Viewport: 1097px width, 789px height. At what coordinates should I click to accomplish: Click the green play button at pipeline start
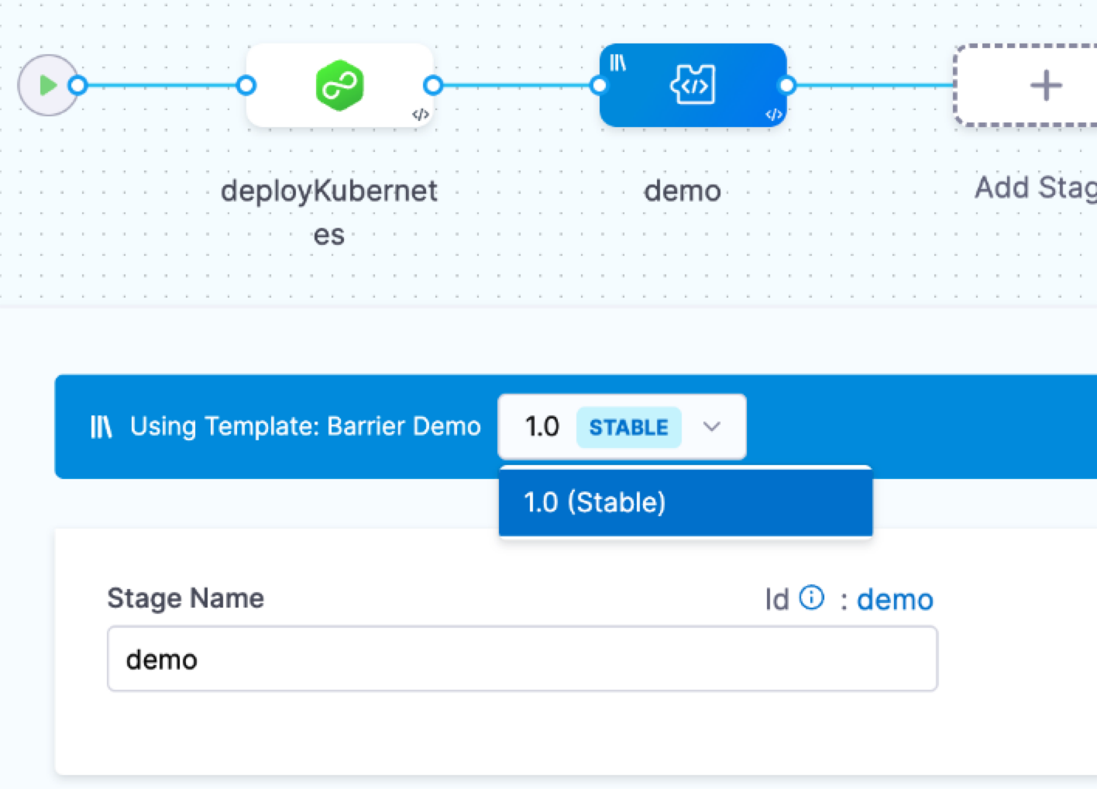pos(48,85)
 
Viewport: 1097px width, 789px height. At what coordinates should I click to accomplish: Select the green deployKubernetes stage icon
pos(339,85)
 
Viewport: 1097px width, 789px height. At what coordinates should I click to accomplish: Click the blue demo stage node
pos(693,85)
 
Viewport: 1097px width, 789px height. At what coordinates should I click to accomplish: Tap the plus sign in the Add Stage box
pos(1045,85)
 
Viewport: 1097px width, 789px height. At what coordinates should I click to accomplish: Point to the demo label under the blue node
pos(683,191)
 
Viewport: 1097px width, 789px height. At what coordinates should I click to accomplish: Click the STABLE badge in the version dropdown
pos(628,427)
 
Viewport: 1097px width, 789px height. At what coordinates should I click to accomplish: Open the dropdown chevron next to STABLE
pos(711,426)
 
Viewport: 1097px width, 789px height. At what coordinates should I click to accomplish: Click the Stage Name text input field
pos(522,660)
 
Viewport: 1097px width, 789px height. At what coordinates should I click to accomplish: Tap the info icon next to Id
pos(811,598)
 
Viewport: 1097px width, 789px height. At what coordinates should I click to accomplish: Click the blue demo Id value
pos(895,600)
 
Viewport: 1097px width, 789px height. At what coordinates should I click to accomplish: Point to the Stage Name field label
pos(186,598)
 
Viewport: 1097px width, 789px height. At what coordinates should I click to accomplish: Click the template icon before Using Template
pos(101,426)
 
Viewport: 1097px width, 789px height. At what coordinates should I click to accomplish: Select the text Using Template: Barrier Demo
pos(305,426)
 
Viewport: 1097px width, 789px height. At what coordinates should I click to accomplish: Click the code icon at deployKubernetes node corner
pos(420,115)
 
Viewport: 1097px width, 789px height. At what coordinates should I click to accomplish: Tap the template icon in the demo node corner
pos(617,63)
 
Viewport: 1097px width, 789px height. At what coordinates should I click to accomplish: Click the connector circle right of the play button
pos(77,85)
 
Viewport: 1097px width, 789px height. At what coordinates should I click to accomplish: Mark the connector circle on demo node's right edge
pos(786,85)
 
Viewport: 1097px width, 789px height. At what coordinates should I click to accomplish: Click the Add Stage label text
pos(1035,188)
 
